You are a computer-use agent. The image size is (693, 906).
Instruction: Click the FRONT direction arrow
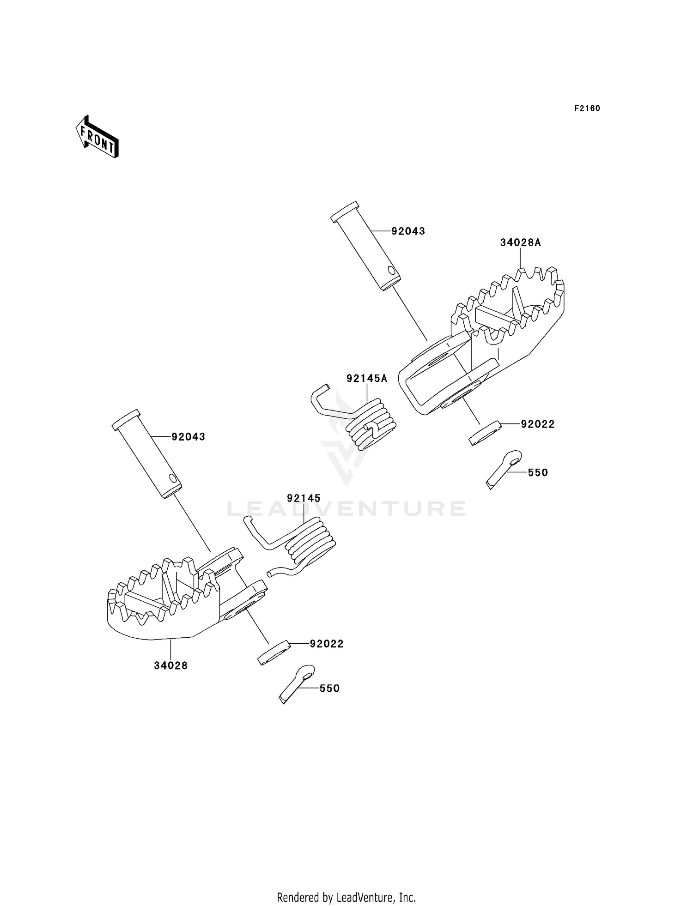[x=97, y=137]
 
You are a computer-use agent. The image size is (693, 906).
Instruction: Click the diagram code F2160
[x=587, y=109]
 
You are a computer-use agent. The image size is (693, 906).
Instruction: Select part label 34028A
[x=520, y=242]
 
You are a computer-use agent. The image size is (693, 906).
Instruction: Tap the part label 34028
[x=171, y=665]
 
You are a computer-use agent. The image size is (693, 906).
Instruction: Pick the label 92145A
[x=367, y=379]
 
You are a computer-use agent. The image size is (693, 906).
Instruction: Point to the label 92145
[x=304, y=498]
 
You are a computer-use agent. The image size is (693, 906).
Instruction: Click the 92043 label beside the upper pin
[x=408, y=231]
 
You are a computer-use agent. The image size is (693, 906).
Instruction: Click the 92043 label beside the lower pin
[x=188, y=437]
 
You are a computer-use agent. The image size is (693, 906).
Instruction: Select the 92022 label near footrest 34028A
[x=538, y=424]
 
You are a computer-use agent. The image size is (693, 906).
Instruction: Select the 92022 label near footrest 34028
[x=327, y=644]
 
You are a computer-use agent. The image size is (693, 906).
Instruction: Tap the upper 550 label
[x=538, y=472]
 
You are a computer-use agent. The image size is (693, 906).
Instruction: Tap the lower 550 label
[x=329, y=688]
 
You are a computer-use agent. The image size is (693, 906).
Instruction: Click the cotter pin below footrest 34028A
[x=504, y=468]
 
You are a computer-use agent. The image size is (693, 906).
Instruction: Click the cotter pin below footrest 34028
[x=297, y=683]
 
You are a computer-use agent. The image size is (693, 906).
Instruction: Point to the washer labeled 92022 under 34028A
[x=486, y=432]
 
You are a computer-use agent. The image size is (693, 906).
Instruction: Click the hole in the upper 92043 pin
[x=391, y=270]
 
